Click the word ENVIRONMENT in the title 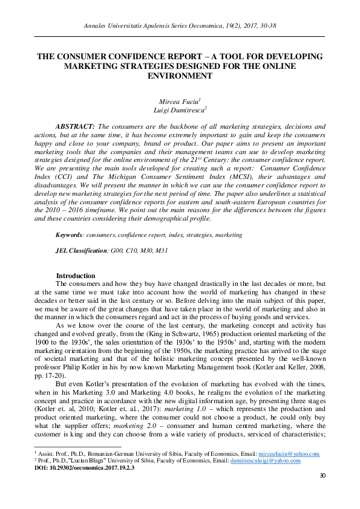(180, 76)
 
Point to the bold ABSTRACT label (75, 126)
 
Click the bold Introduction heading (76, 276)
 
